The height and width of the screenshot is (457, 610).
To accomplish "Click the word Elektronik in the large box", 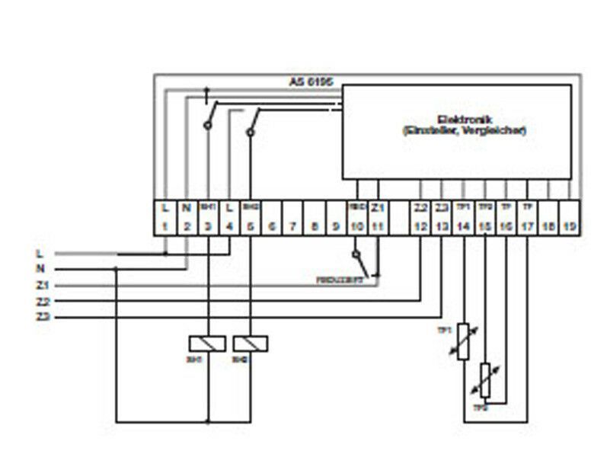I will point(464,119).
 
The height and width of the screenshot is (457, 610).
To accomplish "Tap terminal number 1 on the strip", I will point(165,226).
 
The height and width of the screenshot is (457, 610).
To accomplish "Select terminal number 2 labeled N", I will point(187,226).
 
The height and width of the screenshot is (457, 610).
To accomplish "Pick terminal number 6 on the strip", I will point(272,226).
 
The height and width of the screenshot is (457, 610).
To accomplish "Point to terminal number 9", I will point(335,226).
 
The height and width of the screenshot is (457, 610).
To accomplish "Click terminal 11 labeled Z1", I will point(378,226).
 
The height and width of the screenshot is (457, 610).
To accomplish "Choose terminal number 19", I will point(569,226).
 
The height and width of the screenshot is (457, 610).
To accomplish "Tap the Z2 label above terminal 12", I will point(420,207).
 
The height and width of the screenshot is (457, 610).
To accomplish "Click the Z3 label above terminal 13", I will point(442,207).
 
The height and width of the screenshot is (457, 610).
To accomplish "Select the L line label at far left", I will point(40,253).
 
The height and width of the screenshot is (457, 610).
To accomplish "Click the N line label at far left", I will point(40,269).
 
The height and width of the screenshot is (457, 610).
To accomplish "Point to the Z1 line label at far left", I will point(42,285).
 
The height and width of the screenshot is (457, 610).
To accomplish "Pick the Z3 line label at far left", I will point(42,316).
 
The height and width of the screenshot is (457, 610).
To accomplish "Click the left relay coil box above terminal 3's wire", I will point(208,344).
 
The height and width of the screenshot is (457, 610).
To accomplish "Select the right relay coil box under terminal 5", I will point(251,344).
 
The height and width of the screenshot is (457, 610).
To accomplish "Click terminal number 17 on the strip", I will point(526,226).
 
